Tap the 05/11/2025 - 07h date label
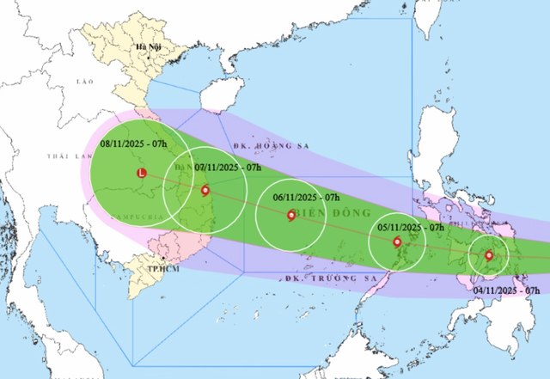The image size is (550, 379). pos(412,228)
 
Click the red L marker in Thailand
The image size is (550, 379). pos(142,173)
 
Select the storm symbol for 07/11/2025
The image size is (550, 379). pos(205,190)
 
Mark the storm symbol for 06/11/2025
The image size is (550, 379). pos(290,215)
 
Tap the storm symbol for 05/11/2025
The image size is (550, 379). pos(397,242)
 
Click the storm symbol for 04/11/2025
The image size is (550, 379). pos(489,255)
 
